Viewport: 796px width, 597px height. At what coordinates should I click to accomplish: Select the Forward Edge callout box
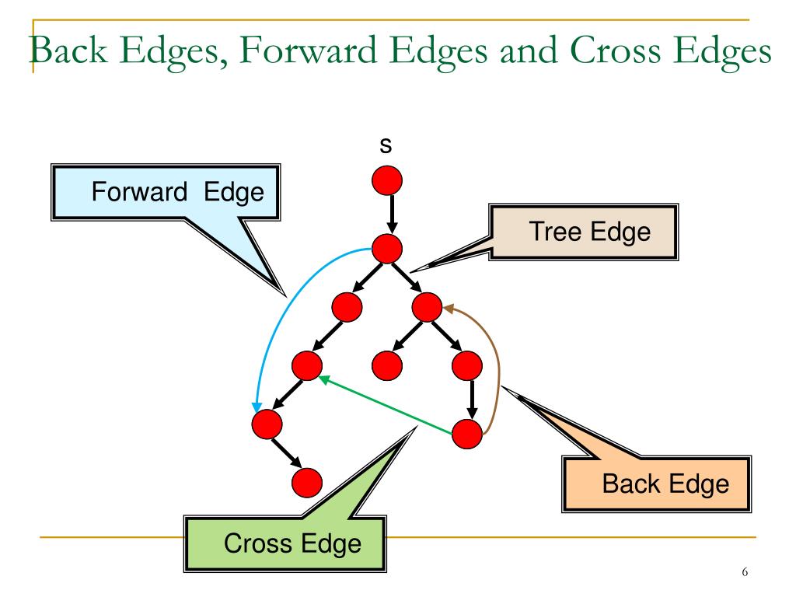click(177, 191)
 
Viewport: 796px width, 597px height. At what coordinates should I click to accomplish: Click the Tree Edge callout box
click(588, 232)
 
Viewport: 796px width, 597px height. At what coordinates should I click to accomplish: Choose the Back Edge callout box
click(665, 484)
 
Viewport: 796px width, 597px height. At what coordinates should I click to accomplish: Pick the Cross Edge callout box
click(292, 543)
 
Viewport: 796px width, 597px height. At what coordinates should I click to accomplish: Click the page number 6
click(745, 573)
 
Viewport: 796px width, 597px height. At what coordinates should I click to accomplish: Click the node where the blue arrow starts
click(387, 250)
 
